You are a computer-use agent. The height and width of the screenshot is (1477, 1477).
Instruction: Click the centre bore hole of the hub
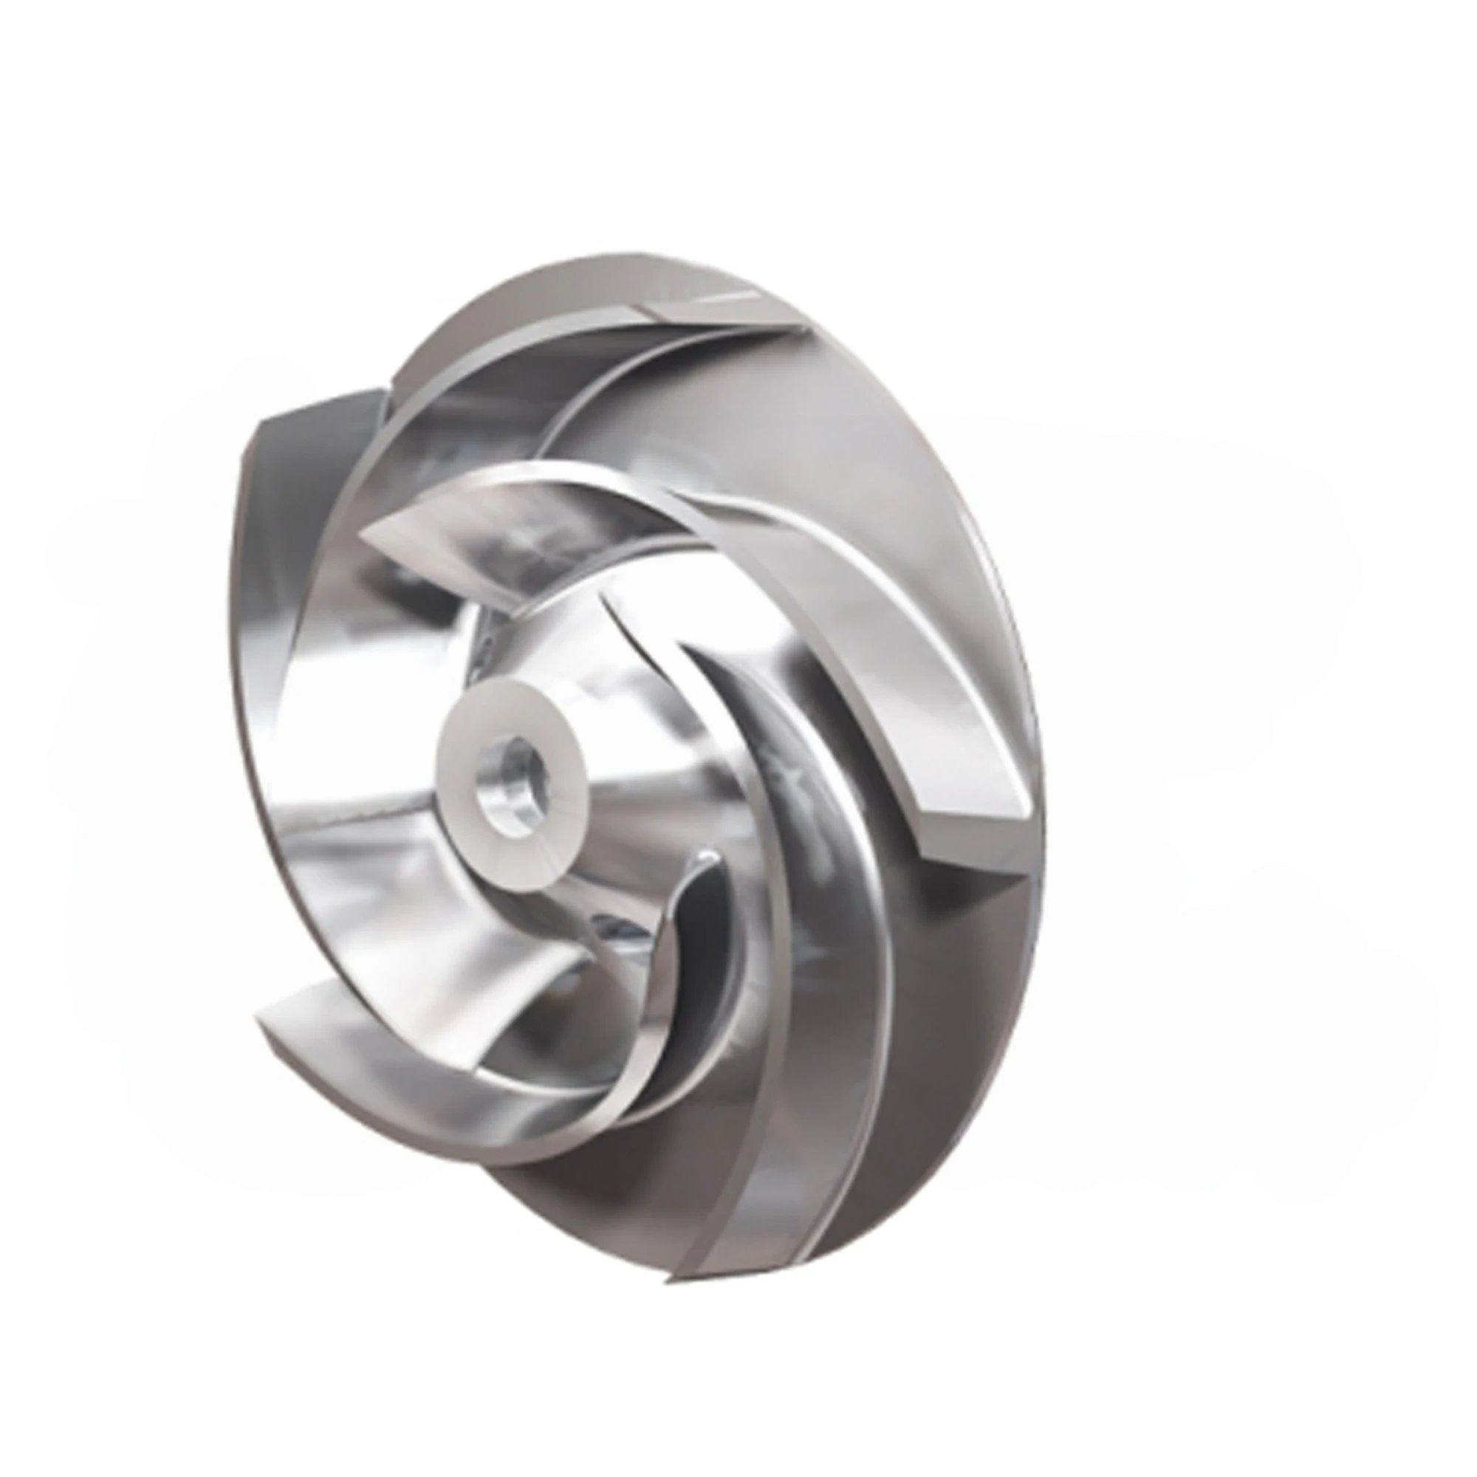[x=506, y=782]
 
